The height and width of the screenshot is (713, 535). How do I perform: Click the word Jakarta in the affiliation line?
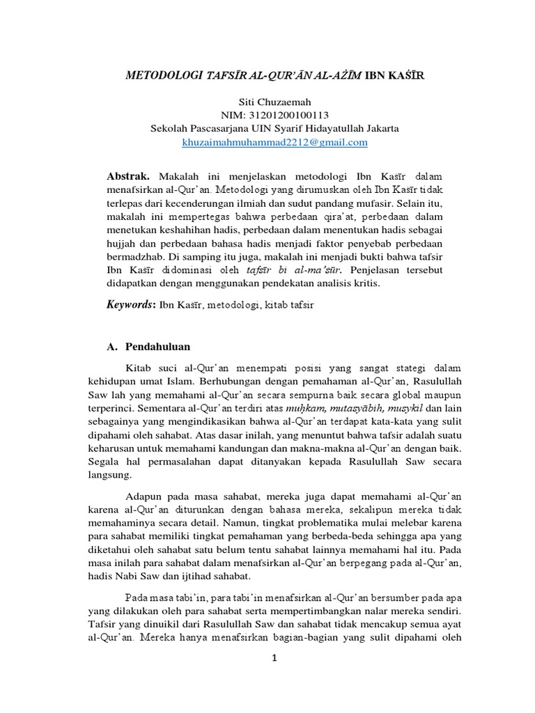click(x=378, y=129)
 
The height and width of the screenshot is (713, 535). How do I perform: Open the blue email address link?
click(x=274, y=142)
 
